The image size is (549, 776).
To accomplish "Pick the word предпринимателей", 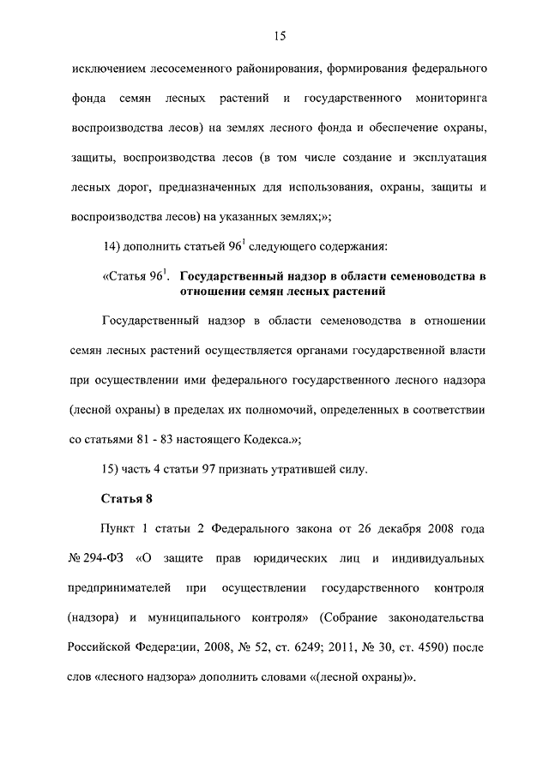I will click(118, 588).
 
